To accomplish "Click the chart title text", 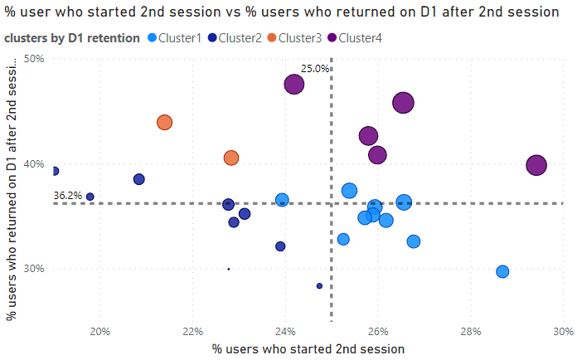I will pyautogui.click(x=282, y=12).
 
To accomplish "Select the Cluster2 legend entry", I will pyautogui.click(x=235, y=38).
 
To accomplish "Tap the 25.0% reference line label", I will pyautogui.click(x=314, y=69).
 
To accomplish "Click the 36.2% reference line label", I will pyautogui.click(x=67, y=196).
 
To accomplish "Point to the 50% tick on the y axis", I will pyautogui.click(x=34, y=59).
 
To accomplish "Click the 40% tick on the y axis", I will pyautogui.click(x=34, y=164).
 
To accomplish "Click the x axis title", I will pyautogui.click(x=308, y=349).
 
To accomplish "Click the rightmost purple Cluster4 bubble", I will pyautogui.click(x=536, y=165).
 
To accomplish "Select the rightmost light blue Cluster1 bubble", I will pyautogui.click(x=502, y=271).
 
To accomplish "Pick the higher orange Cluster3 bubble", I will pyautogui.click(x=164, y=123).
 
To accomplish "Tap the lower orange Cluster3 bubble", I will pyautogui.click(x=231, y=158).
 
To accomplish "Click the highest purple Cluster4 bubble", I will pyautogui.click(x=293, y=84).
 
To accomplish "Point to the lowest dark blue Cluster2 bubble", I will pyautogui.click(x=319, y=285).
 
